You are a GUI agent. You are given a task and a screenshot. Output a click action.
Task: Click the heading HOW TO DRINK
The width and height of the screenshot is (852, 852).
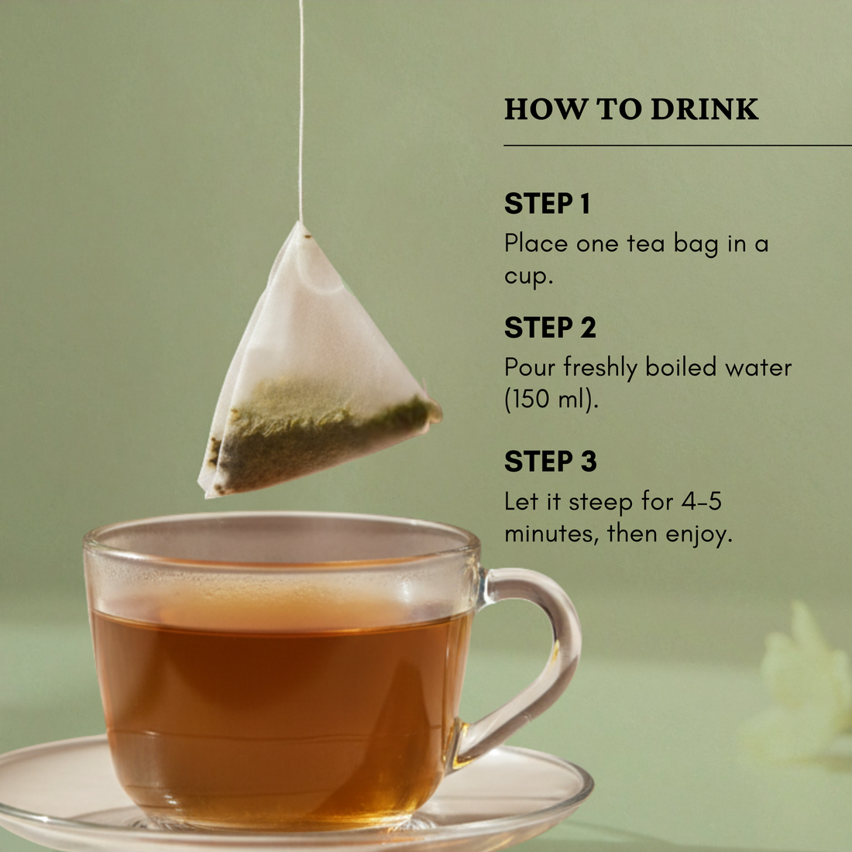pos(630,109)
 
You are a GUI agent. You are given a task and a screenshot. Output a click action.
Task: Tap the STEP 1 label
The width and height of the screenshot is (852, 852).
pos(547,204)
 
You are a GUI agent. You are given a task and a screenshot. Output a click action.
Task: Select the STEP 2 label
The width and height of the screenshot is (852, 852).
pos(550,328)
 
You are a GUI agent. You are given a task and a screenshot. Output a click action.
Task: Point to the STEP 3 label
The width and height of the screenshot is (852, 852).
pos(550,462)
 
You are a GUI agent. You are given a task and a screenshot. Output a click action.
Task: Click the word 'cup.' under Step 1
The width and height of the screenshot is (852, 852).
pos(528,277)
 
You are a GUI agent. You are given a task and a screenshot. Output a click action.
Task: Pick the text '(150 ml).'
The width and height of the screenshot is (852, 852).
pos(551,400)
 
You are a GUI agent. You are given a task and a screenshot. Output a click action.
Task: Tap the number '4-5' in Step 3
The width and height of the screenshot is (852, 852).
pos(701,501)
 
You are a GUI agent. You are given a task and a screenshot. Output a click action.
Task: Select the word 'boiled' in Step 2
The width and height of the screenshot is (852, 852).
pos(681,367)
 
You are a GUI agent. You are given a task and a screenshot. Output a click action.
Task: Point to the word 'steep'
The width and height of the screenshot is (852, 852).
pos(600,503)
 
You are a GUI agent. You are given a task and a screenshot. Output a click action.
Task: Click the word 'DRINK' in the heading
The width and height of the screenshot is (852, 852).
pos(704,109)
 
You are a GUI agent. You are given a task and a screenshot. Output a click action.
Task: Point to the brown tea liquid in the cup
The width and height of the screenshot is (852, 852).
pos(279,697)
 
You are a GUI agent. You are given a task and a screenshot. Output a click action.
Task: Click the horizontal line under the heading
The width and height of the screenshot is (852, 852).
pos(677,145)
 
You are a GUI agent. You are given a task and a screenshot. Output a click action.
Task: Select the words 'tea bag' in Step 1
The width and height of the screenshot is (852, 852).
pos(672,244)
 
